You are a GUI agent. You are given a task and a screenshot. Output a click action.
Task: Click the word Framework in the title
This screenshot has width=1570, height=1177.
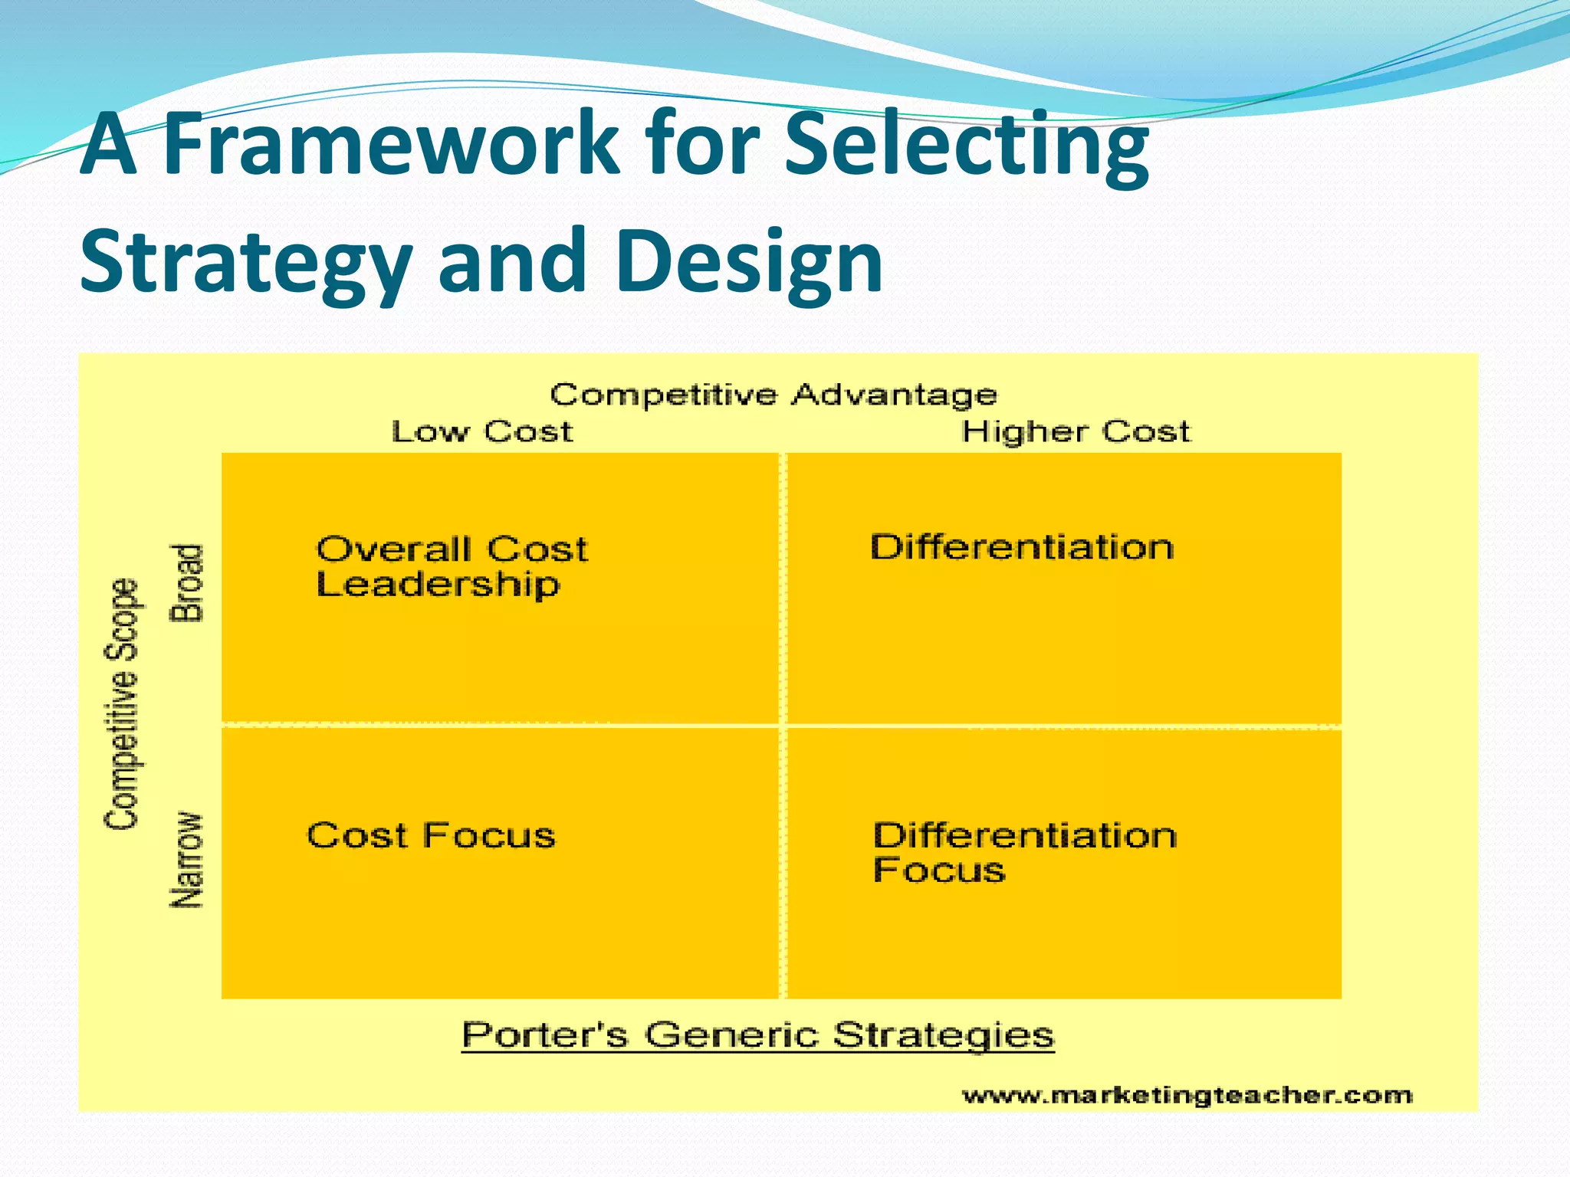(x=391, y=143)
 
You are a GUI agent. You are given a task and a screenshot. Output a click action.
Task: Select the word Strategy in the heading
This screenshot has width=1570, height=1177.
(x=245, y=262)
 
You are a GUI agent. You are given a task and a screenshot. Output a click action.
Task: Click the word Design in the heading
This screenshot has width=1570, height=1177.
(x=748, y=262)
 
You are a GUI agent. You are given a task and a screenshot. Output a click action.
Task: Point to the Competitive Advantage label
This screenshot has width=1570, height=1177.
(x=774, y=395)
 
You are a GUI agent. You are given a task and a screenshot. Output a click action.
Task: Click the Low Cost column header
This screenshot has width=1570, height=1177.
(x=482, y=432)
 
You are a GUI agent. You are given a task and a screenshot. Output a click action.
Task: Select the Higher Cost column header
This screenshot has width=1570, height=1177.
(x=1076, y=432)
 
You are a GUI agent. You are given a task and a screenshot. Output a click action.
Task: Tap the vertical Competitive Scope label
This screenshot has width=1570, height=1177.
(x=123, y=703)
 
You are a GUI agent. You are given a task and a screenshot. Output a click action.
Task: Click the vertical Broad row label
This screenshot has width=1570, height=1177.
(x=187, y=582)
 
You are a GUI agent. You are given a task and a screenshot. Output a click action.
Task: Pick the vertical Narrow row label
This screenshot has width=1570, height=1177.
(x=187, y=860)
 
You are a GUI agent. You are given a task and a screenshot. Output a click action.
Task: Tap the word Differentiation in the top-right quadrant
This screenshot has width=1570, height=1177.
(x=1022, y=548)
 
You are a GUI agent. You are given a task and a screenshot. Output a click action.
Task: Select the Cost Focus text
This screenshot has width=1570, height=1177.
(x=431, y=835)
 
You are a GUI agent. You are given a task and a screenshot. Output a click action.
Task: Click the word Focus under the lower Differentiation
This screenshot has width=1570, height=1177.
(x=939, y=870)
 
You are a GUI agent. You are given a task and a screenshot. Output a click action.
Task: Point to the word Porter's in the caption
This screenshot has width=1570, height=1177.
(x=544, y=1035)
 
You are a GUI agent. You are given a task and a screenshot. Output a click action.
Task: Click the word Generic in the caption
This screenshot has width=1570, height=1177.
(x=731, y=1035)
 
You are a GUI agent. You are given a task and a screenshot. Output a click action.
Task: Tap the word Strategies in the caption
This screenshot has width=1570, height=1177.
(x=944, y=1035)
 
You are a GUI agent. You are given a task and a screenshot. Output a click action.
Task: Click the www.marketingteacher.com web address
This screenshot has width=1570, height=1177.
(x=1187, y=1096)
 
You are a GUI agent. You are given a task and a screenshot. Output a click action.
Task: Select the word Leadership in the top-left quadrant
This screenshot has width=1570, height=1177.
(x=438, y=585)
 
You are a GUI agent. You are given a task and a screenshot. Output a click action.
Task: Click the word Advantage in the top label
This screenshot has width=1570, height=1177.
(x=894, y=395)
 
